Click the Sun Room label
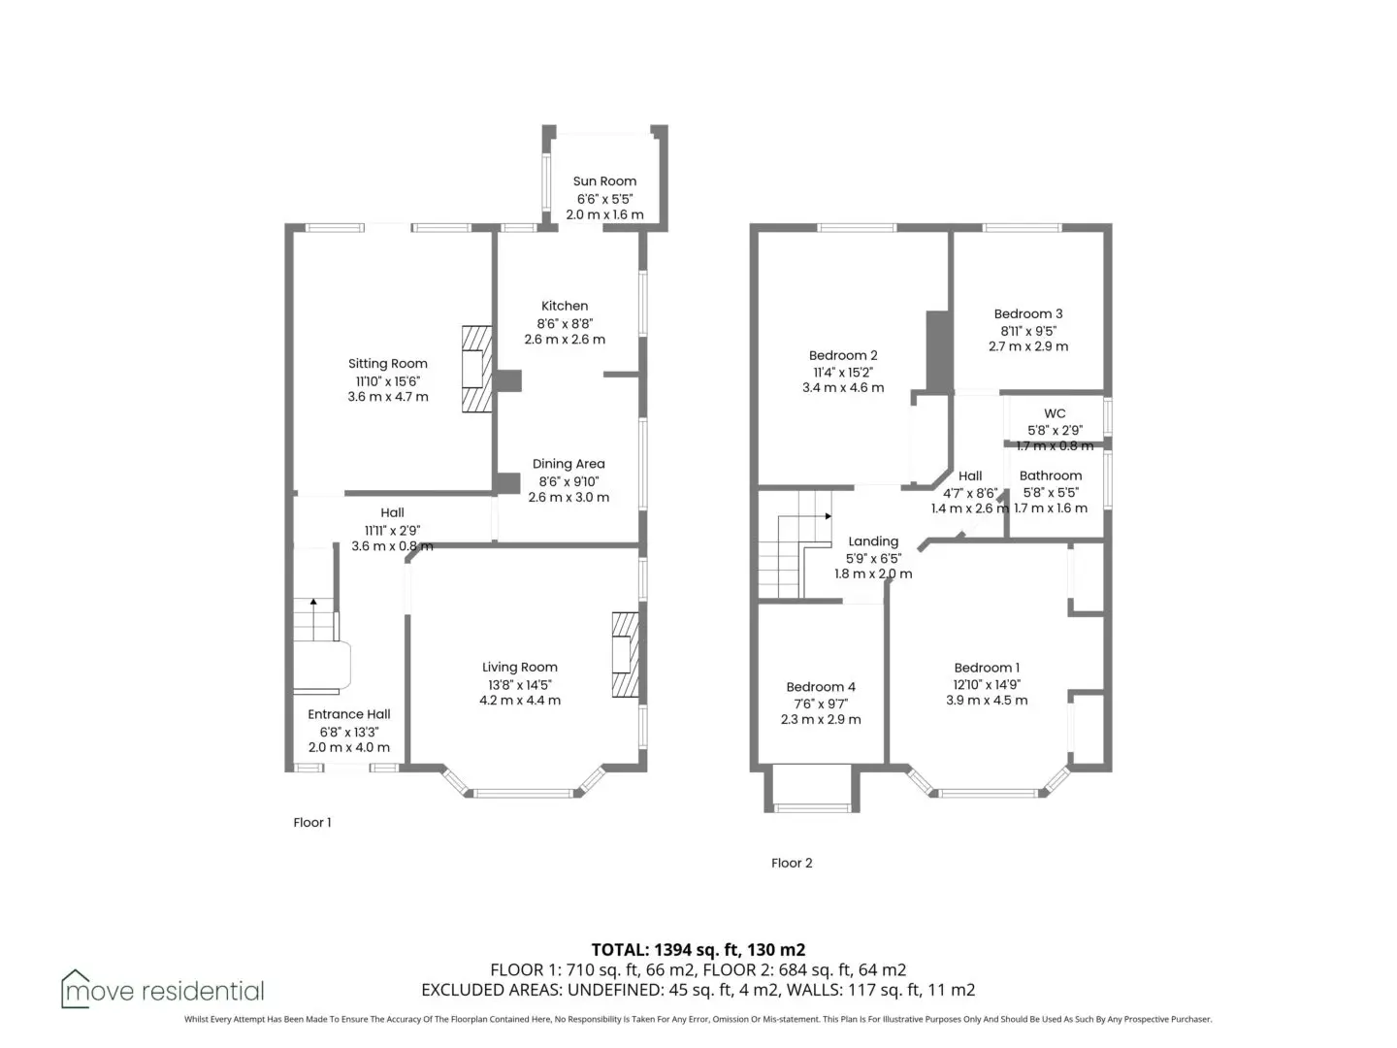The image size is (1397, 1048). (x=604, y=181)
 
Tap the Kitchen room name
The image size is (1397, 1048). (x=565, y=306)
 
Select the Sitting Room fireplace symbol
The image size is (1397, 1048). (x=476, y=369)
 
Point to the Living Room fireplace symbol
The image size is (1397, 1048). (x=625, y=655)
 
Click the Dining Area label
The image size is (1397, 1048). (x=569, y=465)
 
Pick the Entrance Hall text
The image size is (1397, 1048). (x=349, y=714)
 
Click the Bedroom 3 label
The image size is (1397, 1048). (x=1027, y=313)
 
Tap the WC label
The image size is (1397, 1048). (x=1054, y=413)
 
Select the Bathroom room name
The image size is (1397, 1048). (x=1050, y=475)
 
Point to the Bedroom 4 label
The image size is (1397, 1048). (x=821, y=687)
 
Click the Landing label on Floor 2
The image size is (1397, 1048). (x=873, y=541)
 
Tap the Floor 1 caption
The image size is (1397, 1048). (x=311, y=823)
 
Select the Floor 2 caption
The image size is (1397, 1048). (x=792, y=864)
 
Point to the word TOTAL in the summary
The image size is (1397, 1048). (x=619, y=950)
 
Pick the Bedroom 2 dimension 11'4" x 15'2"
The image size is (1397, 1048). (x=843, y=373)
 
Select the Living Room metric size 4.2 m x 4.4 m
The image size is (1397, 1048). (x=519, y=701)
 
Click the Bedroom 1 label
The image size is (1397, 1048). (x=987, y=669)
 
